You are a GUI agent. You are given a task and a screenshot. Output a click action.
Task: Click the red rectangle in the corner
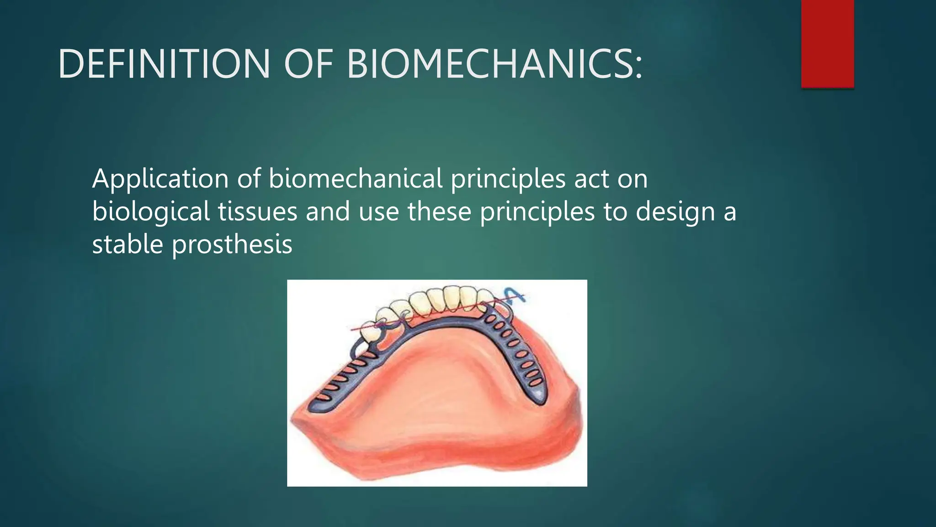827,43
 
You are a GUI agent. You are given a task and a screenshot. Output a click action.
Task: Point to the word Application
160,179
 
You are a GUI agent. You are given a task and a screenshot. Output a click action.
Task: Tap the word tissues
257,212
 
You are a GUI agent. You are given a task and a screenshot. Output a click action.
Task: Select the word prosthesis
232,245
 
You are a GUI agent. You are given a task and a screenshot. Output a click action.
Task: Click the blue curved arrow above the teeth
515,295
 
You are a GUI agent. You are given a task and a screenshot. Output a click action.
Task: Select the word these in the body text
439,212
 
